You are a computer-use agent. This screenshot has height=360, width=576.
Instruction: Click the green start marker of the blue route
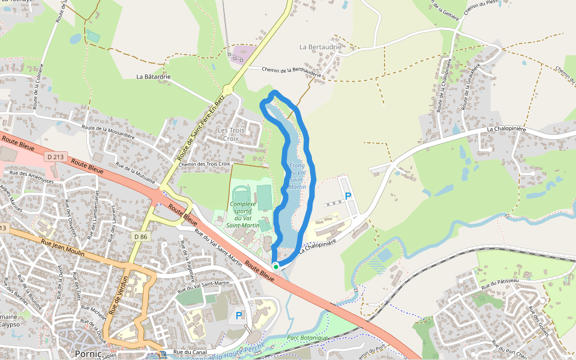pyautogui.click(x=275, y=266)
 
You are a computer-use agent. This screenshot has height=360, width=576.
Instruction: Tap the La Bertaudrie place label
pyautogui.click(x=320, y=46)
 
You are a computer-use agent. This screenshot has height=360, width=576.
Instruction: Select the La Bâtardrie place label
pyautogui.click(x=154, y=77)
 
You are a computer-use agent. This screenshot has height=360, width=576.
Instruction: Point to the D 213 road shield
pyautogui.click(x=55, y=157)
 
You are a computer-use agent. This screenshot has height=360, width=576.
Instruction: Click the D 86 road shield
pyautogui.click(x=140, y=237)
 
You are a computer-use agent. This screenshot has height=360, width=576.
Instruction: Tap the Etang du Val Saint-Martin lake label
pyautogui.click(x=297, y=176)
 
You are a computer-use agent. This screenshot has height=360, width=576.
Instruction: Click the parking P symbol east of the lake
pyautogui.click(x=348, y=196)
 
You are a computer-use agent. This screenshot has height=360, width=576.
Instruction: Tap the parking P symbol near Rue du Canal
pyautogui.click(x=239, y=315)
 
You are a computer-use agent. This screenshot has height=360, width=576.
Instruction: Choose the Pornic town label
pyautogui.click(x=88, y=353)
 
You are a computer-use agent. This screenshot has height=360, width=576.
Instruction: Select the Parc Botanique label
pyautogui.click(x=307, y=338)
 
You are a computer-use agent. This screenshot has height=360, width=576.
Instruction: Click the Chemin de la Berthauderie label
pyautogui.click(x=288, y=70)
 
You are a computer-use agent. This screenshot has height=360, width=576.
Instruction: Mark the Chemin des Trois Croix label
pyautogui.click(x=204, y=164)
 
